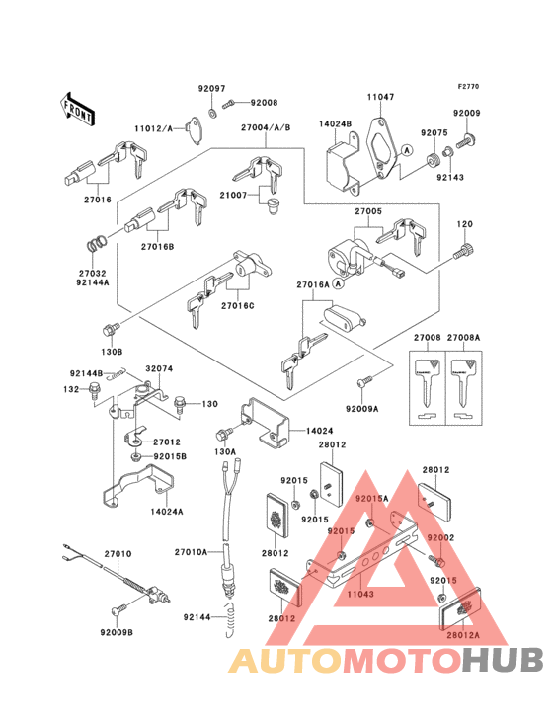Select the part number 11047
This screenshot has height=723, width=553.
click(381, 97)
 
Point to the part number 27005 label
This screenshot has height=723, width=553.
click(369, 211)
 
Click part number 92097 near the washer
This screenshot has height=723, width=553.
click(212, 88)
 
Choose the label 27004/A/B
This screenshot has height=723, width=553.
click(265, 127)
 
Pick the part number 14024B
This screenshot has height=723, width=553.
click(336, 125)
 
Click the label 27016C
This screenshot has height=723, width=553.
click(237, 306)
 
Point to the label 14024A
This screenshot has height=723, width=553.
click(168, 512)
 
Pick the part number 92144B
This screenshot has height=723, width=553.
click(87, 373)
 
